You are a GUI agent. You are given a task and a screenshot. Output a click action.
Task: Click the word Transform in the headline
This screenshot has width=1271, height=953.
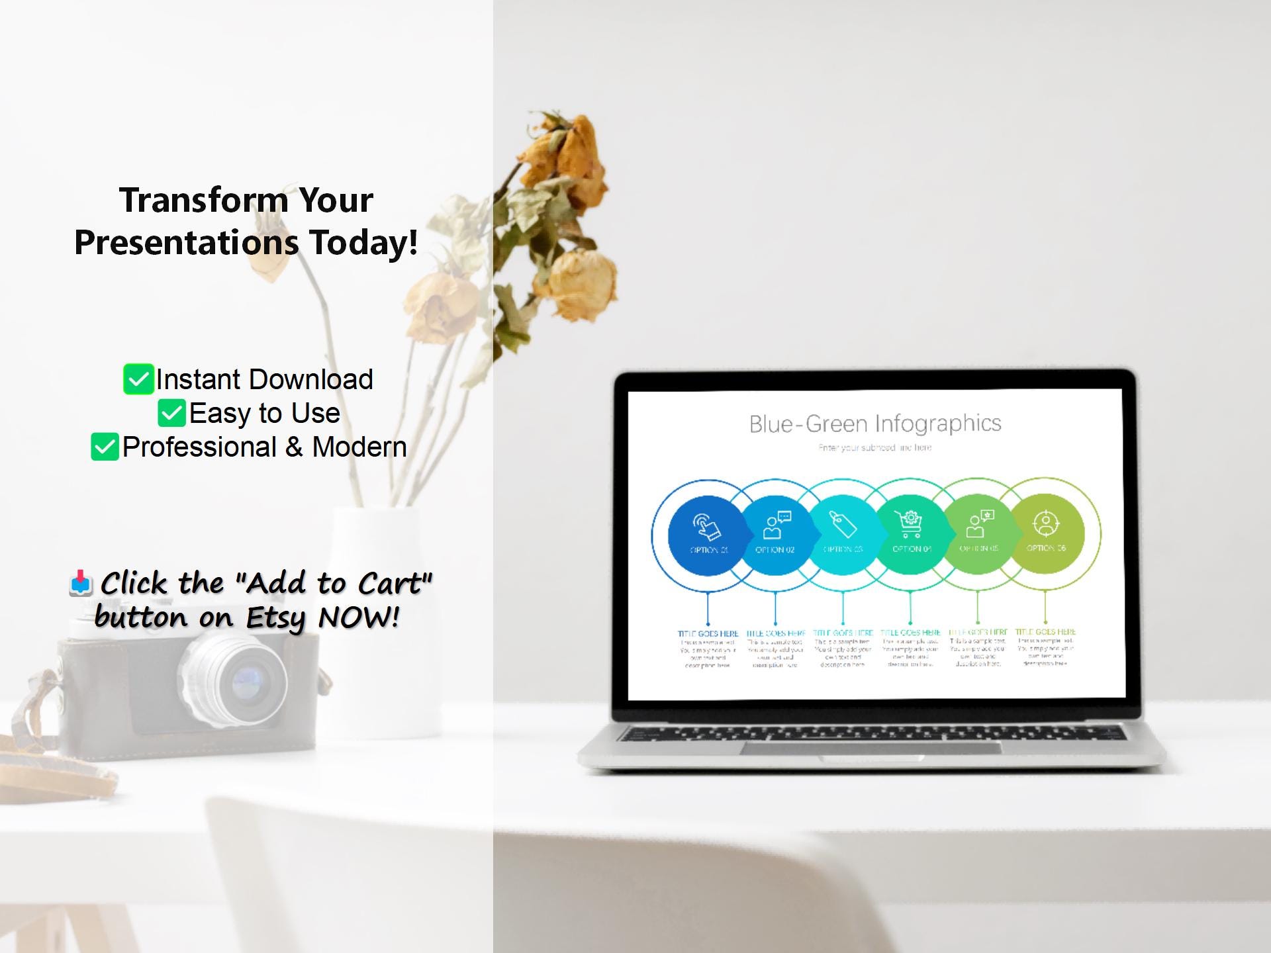202,200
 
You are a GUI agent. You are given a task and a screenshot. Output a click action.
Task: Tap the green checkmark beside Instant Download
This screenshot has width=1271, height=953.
138,379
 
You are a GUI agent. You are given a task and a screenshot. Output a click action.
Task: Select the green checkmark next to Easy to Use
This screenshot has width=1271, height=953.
172,413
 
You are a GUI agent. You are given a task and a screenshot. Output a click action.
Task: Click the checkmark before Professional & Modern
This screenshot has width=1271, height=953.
105,447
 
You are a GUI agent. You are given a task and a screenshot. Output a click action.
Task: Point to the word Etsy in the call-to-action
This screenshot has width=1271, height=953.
275,618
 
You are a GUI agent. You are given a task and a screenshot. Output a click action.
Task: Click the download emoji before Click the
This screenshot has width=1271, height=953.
81,582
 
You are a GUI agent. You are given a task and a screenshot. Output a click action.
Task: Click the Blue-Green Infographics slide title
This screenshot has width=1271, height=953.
874,424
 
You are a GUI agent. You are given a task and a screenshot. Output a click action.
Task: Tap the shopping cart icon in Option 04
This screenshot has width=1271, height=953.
910,524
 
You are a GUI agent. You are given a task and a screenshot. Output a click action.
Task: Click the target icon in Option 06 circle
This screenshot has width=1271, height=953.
1046,523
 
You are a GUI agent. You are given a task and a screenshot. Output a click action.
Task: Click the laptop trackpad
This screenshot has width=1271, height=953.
871,748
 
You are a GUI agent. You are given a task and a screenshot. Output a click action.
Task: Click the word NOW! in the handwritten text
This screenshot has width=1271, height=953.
359,618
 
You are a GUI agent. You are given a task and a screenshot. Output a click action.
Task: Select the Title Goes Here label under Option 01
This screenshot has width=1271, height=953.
708,633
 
